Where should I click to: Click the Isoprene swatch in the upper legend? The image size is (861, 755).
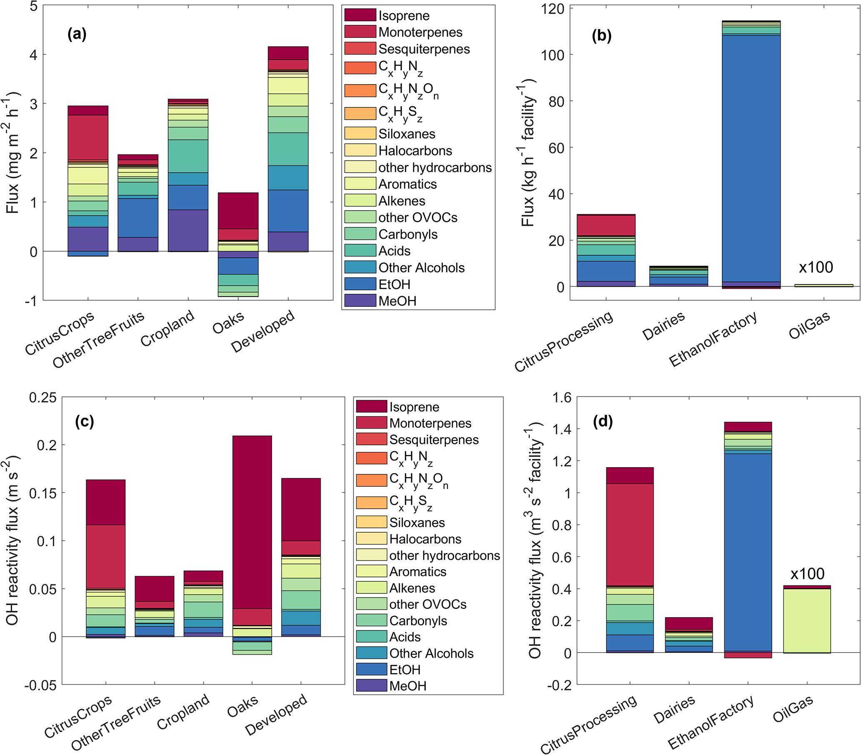coord(360,15)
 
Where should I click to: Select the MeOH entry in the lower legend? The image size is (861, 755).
coord(407,686)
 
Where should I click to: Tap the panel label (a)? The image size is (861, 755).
coord(77,34)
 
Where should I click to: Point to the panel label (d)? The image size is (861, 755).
coord(602,421)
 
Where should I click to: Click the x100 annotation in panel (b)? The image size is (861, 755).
coord(816,267)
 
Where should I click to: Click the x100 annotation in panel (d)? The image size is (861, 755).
coord(807,573)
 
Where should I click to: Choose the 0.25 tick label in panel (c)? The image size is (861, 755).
coord(42,398)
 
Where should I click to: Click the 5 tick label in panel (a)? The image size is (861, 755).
coord(34,6)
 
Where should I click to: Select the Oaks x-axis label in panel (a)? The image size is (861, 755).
coord(228,323)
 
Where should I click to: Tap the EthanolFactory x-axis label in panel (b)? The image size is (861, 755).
coord(712,339)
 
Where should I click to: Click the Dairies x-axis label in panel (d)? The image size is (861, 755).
coord(674,710)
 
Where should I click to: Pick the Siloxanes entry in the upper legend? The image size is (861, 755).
coord(407,134)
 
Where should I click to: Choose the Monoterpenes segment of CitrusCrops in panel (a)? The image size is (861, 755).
coord(88,137)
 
